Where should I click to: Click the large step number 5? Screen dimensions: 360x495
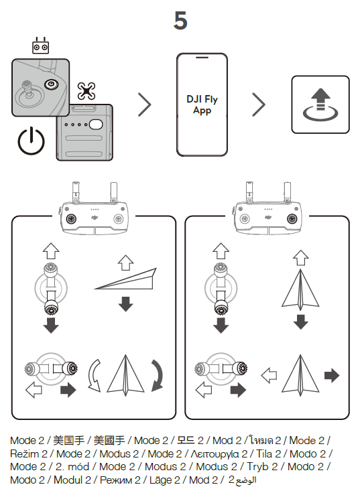[180, 21]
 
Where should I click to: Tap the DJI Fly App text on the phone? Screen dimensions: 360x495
[202, 104]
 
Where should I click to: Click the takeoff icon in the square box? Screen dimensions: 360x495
[320, 104]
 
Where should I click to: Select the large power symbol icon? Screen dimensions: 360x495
[31, 141]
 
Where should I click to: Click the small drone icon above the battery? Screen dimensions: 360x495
[86, 91]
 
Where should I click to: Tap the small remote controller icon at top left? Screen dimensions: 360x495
[41, 46]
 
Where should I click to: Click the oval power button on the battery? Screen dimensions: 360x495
[96, 125]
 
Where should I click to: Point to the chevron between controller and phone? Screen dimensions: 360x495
[145, 104]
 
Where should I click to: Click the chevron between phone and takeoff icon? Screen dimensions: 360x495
[259, 104]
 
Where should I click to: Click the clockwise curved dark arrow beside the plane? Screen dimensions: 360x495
[158, 375]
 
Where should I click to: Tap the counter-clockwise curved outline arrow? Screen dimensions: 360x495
[94, 376]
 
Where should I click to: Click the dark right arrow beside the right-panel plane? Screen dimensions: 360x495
[332, 376]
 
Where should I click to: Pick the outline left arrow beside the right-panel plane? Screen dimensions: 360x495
[269, 376]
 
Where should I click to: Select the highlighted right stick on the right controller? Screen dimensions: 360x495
[292, 218]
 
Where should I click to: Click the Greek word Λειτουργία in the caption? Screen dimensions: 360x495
[215, 454]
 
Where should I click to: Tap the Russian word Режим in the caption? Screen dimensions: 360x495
[116, 480]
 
